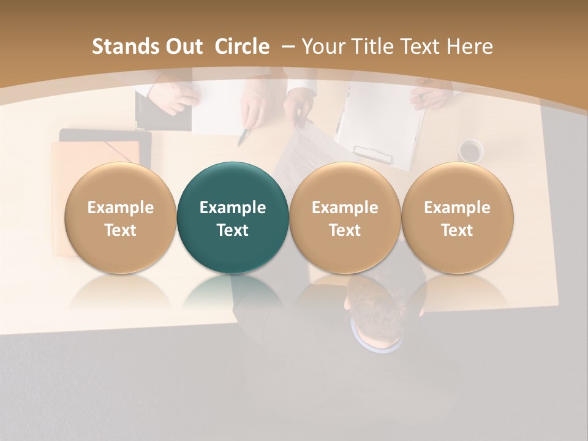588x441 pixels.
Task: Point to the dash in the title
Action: click(x=288, y=47)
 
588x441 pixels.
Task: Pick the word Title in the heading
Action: click(x=374, y=47)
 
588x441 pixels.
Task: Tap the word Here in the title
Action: click(x=470, y=47)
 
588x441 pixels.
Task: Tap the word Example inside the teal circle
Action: click(x=233, y=208)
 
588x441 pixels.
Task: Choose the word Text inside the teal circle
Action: click(x=233, y=230)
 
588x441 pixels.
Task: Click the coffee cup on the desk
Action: click(x=470, y=151)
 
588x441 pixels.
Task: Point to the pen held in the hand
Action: click(x=244, y=136)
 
